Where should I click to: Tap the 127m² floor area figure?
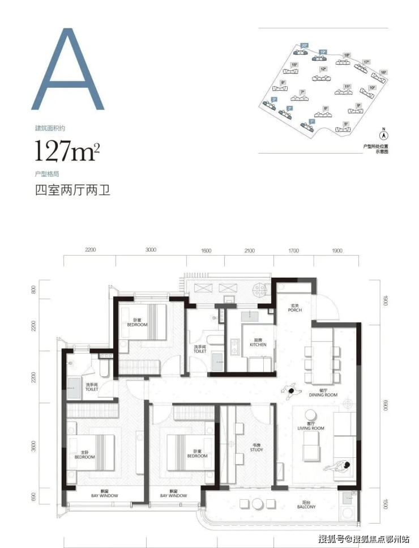click(x=67, y=152)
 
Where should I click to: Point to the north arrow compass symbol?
click(x=383, y=135)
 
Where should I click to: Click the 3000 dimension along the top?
click(x=150, y=250)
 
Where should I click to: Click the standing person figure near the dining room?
click(x=292, y=392)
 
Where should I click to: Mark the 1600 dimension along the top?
click(x=206, y=250)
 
